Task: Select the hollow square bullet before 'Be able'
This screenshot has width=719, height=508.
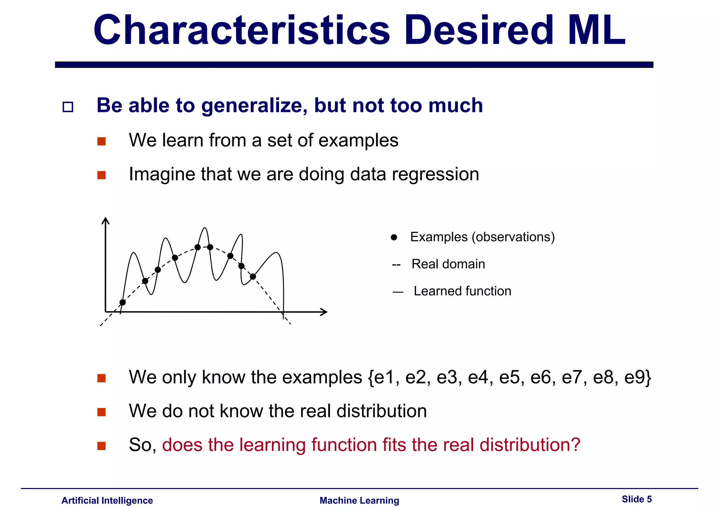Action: coord(68,107)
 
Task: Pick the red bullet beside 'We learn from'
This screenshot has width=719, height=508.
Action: coord(101,141)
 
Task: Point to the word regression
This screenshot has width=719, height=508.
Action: coord(435,174)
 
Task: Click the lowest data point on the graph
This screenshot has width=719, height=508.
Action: coord(123,302)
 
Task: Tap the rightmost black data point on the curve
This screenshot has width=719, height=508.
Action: coord(253,277)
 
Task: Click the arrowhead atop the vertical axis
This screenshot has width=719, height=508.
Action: coord(105,220)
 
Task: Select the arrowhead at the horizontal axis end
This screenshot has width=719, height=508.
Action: coord(324,312)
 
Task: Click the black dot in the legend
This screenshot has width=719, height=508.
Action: coord(394,238)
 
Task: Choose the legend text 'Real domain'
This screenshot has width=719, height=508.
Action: coord(448,264)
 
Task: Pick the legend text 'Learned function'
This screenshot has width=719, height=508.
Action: coord(462,291)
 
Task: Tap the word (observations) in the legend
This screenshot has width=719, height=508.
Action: coord(513,237)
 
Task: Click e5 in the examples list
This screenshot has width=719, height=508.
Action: coord(509,377)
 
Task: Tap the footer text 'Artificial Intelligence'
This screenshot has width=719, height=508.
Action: coord(107,501)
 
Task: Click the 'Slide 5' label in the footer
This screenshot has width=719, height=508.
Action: coord(636,499)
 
